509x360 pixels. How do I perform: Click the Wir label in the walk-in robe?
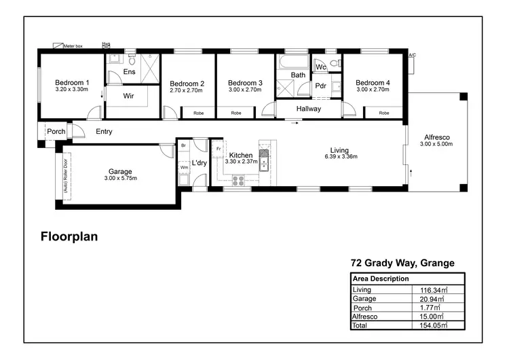[128, 96]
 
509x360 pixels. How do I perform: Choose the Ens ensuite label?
[129, 71]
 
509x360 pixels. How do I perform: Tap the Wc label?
[321, 67]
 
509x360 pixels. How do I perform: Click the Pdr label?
[321, 86]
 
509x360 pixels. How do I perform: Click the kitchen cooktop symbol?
[239, 180]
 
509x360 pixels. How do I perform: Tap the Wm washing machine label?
[184, 167]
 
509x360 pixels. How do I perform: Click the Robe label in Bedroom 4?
[384, 113]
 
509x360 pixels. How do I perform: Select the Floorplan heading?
[70, 237]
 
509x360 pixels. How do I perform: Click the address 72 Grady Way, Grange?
[402, 263]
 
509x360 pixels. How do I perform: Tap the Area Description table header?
[381, 278]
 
